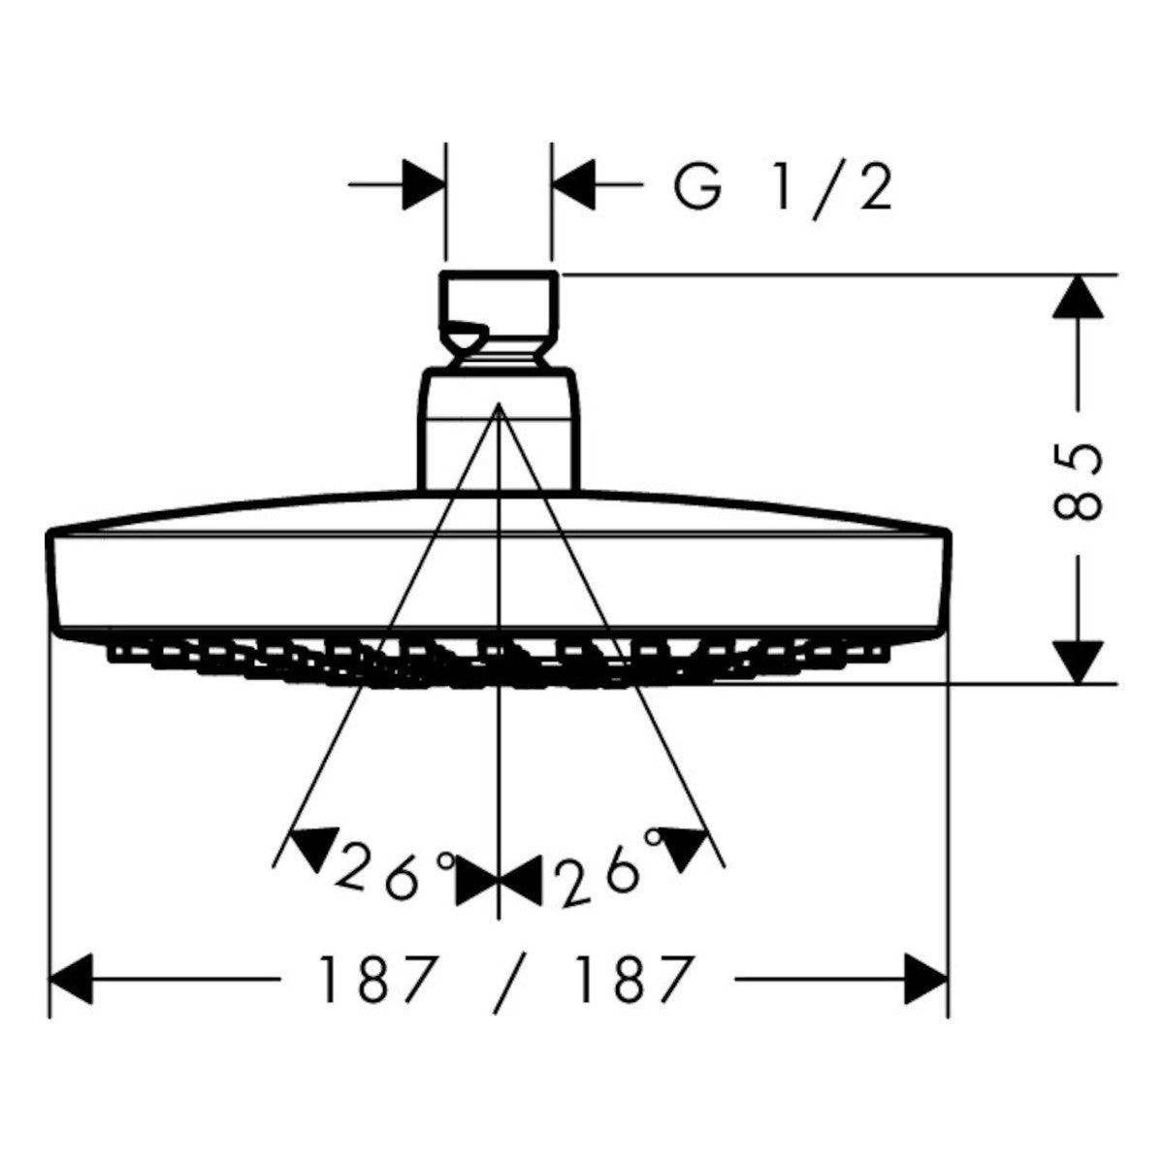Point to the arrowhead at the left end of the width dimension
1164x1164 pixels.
click(x=71, y=980)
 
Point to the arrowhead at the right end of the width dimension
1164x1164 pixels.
click(x=926, y=980)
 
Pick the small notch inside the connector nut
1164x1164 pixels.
click(x=464, y=337)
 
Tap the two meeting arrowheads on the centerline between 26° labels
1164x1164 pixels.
click(x=498, y=880)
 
